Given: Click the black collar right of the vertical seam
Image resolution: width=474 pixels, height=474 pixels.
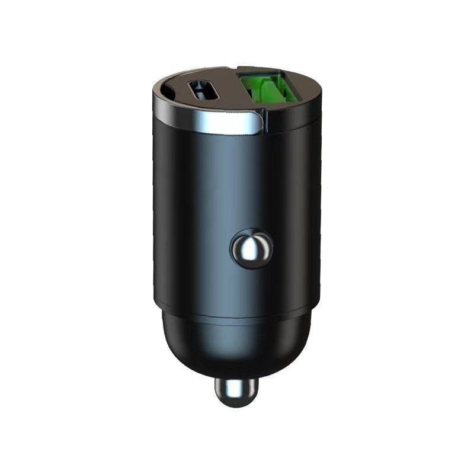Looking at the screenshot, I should coord(293,121).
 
